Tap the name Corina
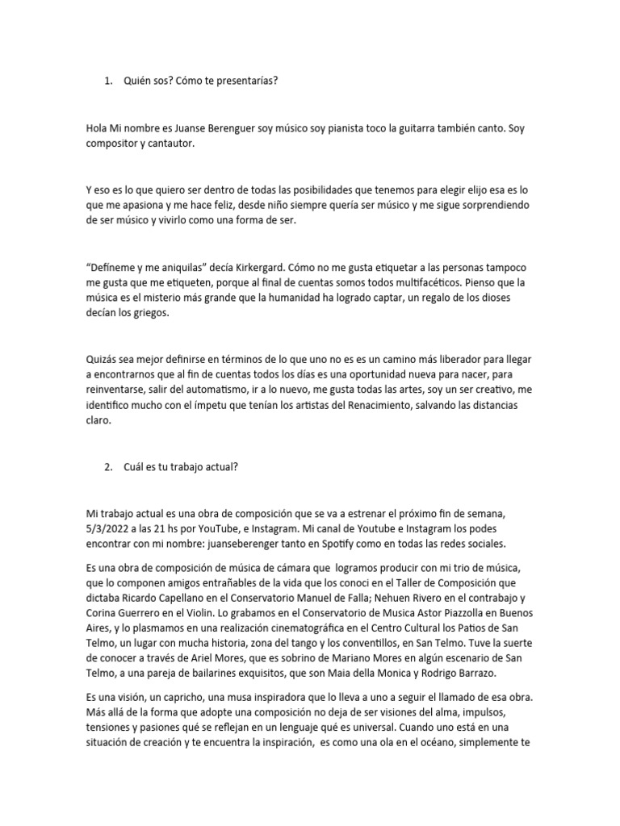[103, 613]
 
